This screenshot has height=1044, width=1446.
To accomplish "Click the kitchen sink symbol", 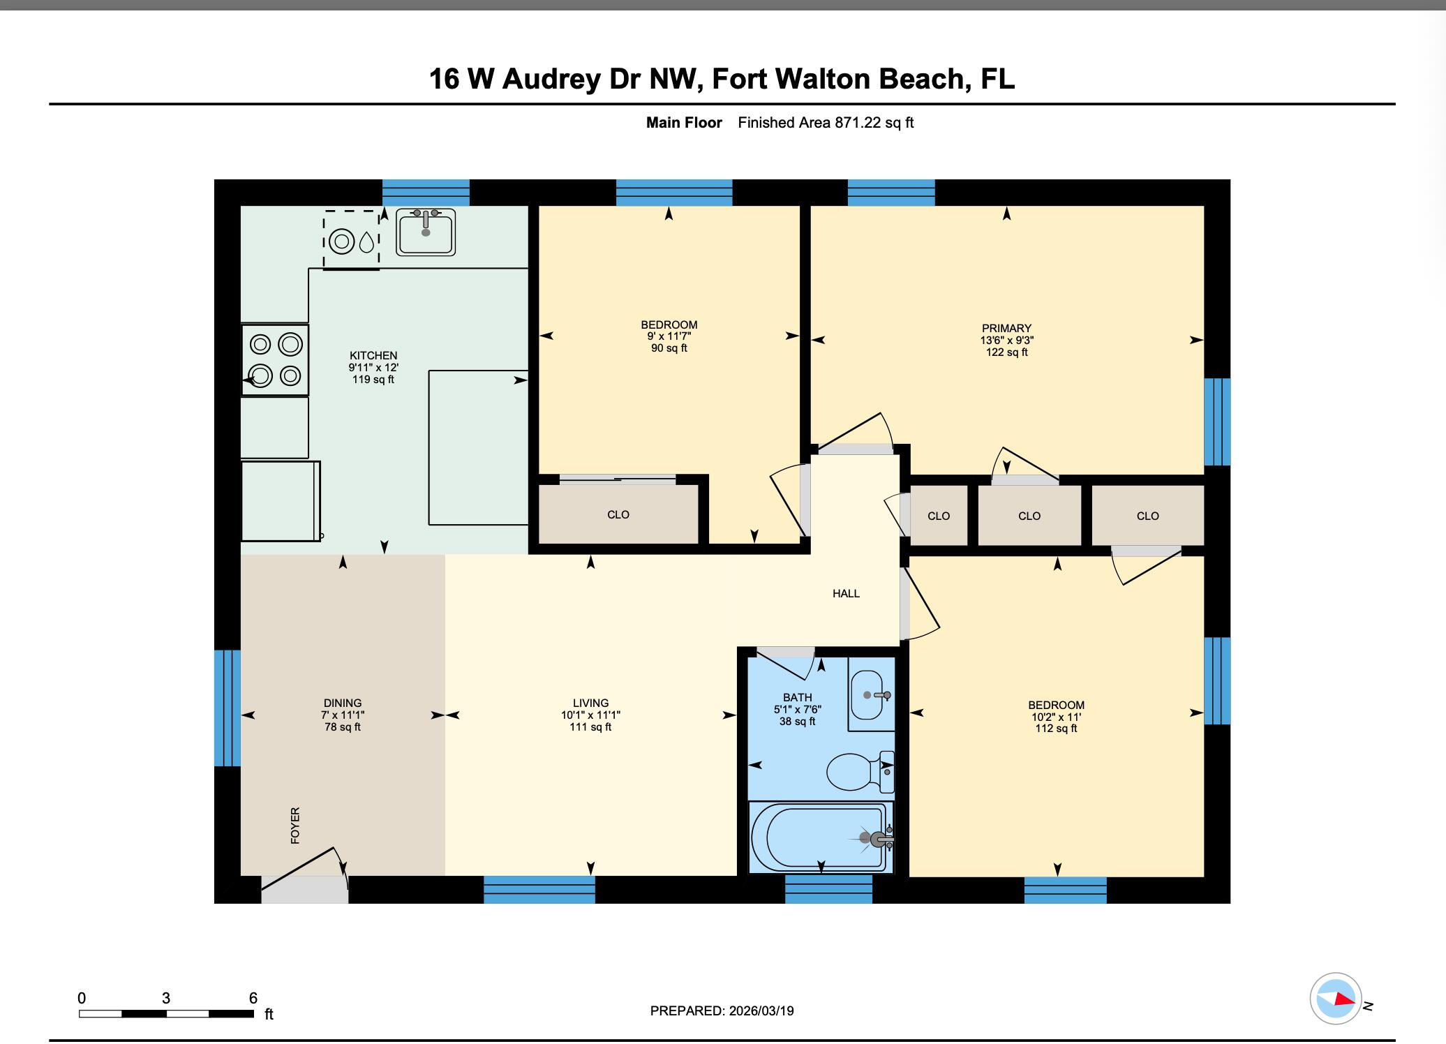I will tap(426, 232).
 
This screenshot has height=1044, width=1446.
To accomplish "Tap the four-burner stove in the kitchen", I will tap(275, 360).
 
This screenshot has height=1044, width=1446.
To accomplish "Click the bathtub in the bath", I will tap(820, 837).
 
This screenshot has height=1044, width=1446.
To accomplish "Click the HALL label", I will tap(846, 594).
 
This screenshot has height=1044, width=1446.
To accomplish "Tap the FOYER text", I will tap(295, 826).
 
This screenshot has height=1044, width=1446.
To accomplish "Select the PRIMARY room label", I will tap(1006, 328).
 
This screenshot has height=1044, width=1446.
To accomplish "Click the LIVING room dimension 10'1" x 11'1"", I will tap(590, 715).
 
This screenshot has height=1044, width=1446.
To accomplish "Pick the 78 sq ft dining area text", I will tap(343, 727).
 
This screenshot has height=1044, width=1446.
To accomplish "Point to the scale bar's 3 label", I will tap(166, 999).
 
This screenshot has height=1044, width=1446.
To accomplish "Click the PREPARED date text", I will tap(722, 1011).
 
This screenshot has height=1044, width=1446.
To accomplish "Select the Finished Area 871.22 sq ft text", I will tap(826, 123).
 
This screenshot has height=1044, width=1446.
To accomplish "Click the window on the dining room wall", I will tap(228, 708).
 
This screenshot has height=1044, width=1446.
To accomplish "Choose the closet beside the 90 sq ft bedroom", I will tap(618, 514).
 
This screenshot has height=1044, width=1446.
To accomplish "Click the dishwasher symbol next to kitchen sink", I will tap(351, 239).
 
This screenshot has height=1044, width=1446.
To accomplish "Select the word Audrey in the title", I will tap(551, 79).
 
